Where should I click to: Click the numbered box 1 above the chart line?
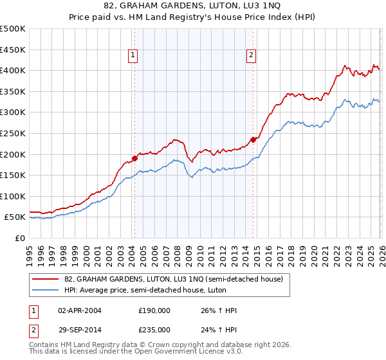tap(133, 56)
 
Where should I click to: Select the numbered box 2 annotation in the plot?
tap(250, 56)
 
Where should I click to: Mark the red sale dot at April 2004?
tap(134, 158)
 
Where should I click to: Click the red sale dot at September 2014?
tap(253, 139)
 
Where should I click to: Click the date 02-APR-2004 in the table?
tap(80, 310)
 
